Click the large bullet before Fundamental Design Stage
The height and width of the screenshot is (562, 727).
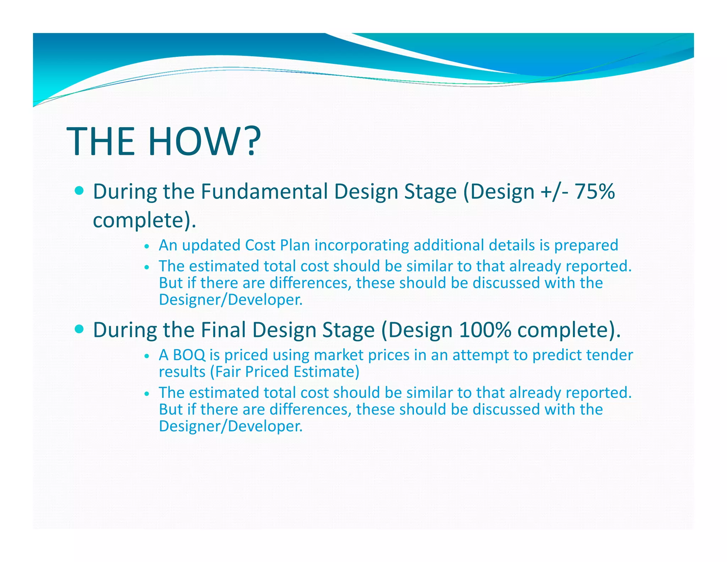click(x=80, y=191)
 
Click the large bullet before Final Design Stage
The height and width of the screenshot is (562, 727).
click(x=80, y=329)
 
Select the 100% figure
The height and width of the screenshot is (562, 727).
click(x=485, y=330)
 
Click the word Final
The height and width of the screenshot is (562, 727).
click(x=223, y=330)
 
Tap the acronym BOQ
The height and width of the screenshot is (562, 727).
click(x=189, y=355)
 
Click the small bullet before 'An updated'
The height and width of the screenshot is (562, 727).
click(x=147, y=246)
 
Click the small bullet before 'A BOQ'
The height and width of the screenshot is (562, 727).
click(x=147, y=356)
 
